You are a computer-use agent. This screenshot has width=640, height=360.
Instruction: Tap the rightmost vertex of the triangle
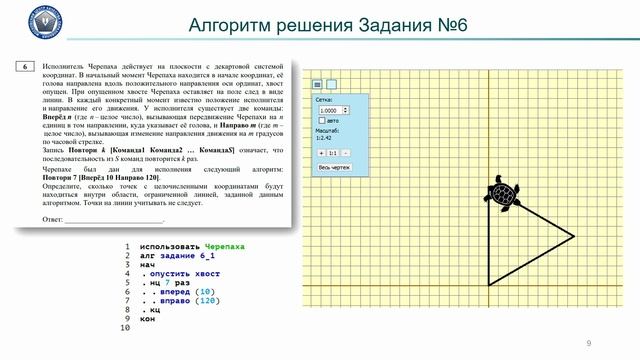574,236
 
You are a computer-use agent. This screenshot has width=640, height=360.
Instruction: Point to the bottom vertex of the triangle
489,284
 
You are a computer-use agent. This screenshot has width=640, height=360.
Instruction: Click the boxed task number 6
26,66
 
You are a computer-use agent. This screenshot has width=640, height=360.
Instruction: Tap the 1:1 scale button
333,152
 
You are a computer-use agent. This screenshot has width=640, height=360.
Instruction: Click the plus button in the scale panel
319,152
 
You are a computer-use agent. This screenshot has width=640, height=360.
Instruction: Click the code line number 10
125,328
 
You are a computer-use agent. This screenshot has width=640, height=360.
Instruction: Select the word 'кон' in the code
148,319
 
